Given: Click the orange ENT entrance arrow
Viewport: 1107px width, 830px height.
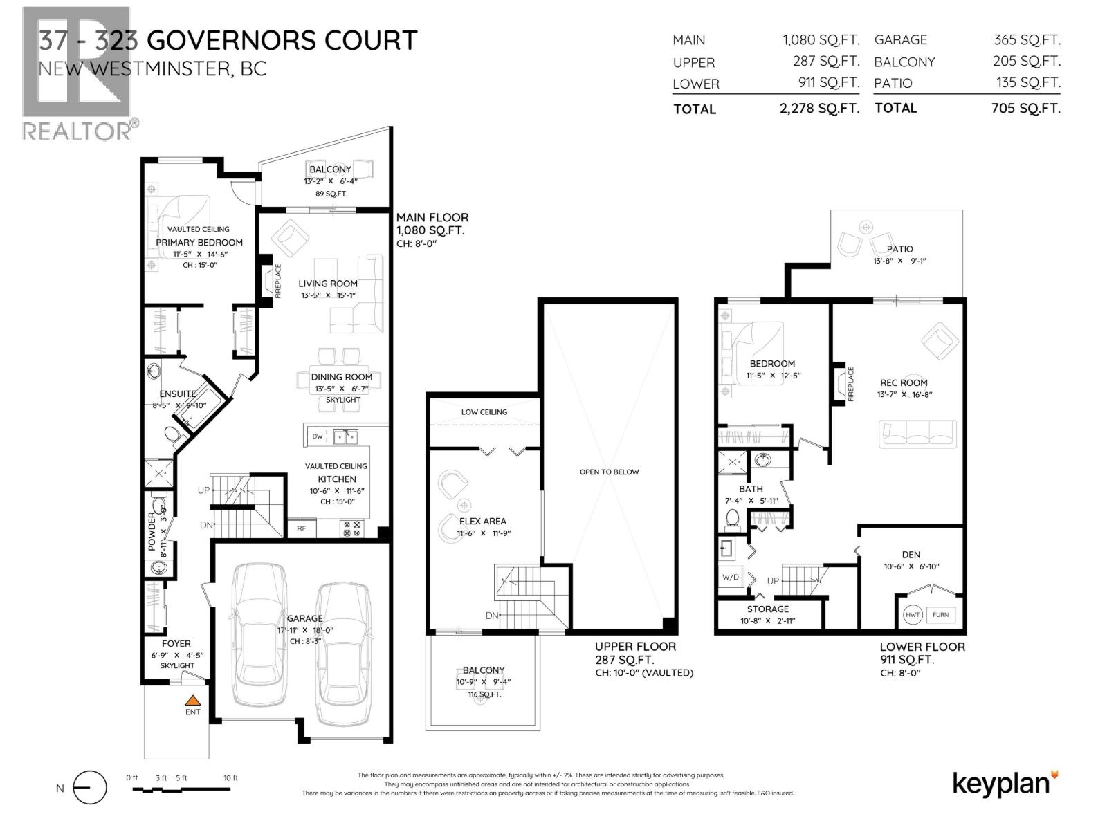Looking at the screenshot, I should coord(193,700).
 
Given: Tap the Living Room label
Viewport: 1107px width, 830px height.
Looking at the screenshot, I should coord(328,283).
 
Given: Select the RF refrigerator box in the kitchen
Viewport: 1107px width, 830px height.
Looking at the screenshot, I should coord(302,528).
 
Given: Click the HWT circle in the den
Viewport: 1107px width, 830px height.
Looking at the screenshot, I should coord(913,614).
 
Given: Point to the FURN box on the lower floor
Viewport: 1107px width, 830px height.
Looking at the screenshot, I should coord(940,614).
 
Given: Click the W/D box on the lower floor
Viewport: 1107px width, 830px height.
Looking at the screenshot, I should coord(731,577).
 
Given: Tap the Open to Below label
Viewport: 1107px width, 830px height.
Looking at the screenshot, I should coord(609,472).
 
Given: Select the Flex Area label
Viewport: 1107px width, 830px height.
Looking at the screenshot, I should coord(482,521).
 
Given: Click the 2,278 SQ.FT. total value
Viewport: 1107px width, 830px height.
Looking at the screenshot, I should coord(819,109).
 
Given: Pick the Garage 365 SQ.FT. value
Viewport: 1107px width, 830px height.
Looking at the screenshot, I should coord(1027,40).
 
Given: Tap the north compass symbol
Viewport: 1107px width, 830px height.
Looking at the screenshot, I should coord(89,788).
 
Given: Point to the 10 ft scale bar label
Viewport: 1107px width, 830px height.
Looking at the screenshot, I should coord(230,778).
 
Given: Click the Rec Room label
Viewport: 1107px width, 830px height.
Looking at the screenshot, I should coord(904,382).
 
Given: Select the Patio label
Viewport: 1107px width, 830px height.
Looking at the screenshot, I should coord(899,249).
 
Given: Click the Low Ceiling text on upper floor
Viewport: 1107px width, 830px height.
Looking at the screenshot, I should coord(484,412).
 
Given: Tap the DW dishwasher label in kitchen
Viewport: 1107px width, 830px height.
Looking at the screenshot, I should coord(318,436).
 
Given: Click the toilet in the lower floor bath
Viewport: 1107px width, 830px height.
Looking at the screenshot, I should coord(732,519).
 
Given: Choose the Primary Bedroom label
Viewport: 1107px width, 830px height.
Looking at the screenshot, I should coord(199,242).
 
